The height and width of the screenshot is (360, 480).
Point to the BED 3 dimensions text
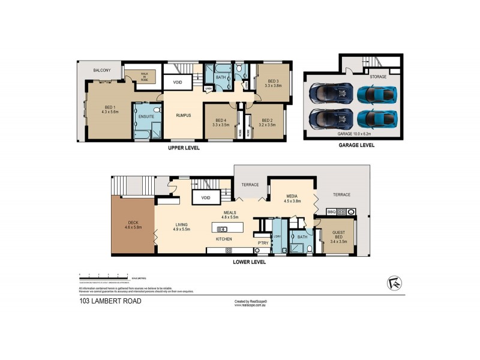[273, 86]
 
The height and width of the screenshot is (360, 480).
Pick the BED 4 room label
[220, 121]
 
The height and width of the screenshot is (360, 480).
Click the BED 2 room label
[267, 121]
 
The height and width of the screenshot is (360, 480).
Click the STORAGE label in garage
[378, 77]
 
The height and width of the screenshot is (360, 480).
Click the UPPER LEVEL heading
[184, 148]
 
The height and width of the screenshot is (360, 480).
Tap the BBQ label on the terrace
[331, 212]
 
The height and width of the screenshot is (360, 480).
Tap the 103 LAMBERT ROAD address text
[110, 301]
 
